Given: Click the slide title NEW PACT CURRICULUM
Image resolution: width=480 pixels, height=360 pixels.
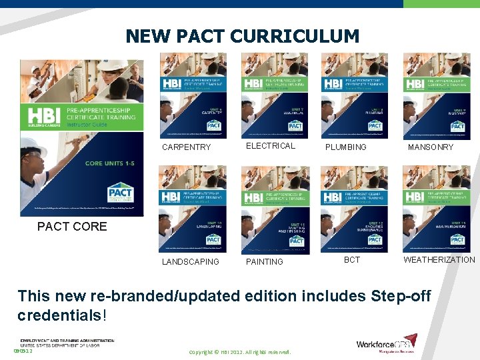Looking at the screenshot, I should [242, 35].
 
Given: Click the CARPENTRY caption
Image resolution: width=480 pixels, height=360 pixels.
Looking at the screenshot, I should [186, 147].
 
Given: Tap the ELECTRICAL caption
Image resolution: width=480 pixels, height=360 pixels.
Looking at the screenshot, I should [270, 145].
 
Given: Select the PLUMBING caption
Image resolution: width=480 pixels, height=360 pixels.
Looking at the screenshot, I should [345, 147].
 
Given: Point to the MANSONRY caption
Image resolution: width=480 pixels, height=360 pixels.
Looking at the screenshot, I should [430, 147].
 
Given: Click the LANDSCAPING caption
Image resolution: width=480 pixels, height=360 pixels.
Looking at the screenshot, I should [190, 261].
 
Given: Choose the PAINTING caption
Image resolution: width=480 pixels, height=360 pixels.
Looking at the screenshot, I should [265, 261].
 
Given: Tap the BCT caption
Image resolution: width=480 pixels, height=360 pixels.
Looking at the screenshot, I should [352, 259].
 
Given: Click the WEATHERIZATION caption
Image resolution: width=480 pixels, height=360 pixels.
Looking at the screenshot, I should [439, 259].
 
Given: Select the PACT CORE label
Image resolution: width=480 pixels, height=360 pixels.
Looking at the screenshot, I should [72, 226].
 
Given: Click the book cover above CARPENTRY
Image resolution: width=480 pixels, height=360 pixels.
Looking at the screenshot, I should [193, 95].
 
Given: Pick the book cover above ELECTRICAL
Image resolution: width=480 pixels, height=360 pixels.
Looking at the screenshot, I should [274, 95].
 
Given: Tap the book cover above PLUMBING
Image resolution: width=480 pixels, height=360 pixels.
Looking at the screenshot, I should [354, 95].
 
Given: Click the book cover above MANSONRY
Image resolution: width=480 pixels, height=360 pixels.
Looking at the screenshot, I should [435, 95].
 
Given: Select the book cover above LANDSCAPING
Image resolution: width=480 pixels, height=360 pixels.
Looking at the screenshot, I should [193, 209].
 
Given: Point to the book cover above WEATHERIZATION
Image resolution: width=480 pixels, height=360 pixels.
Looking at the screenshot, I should [435, 209].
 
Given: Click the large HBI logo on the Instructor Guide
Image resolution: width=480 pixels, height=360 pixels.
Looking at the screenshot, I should [45, 115].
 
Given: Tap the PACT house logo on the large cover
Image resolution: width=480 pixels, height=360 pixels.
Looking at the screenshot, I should [120, 195].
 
